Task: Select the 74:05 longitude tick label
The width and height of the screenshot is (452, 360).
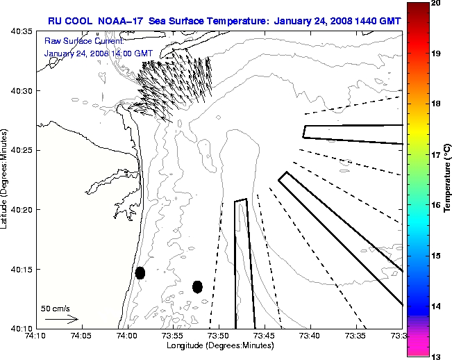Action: [81, 336]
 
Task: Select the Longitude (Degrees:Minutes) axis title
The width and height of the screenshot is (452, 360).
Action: [218, 345]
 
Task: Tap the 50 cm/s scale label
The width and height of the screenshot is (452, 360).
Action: [55, 308]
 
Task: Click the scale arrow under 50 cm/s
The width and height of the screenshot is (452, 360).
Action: [61, 319]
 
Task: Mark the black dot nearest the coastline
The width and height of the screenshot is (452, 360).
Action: [140, 272]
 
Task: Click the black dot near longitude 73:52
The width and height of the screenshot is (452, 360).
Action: [197, 286]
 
